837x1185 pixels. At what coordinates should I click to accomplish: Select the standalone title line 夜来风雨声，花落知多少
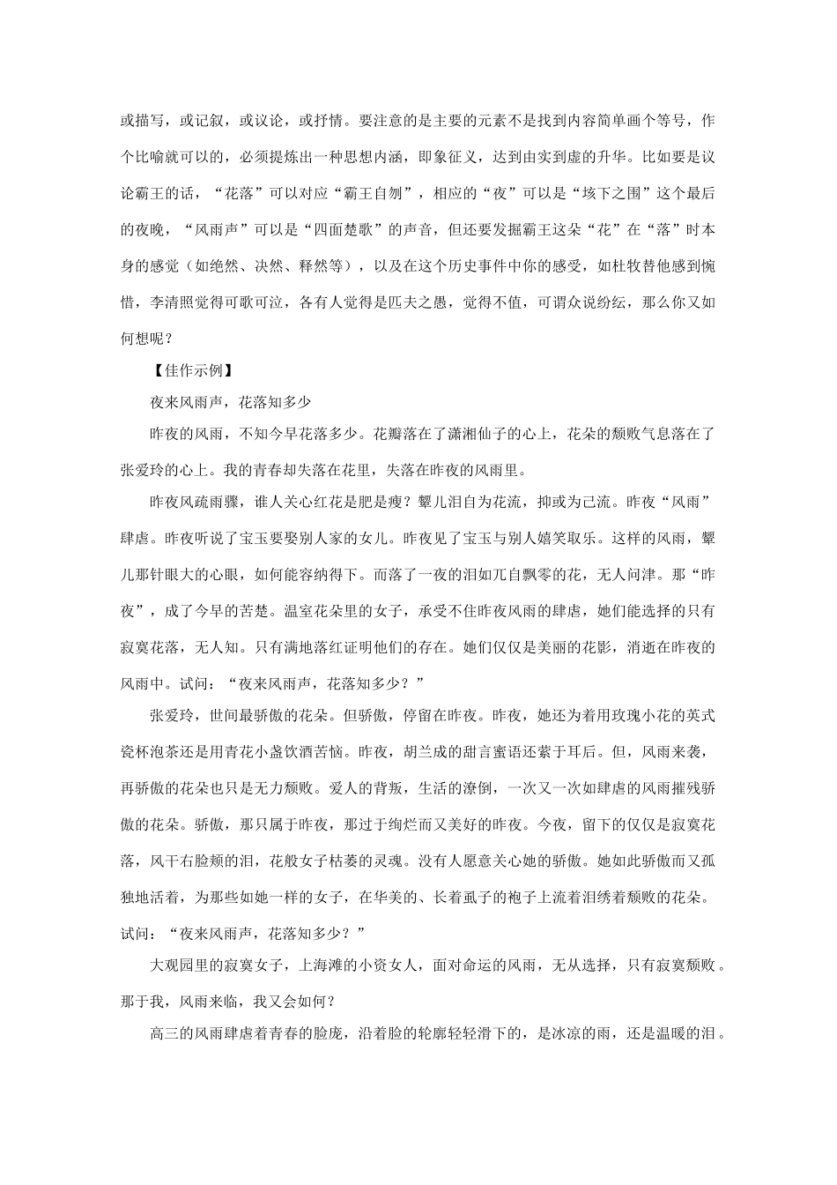(232, 401)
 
